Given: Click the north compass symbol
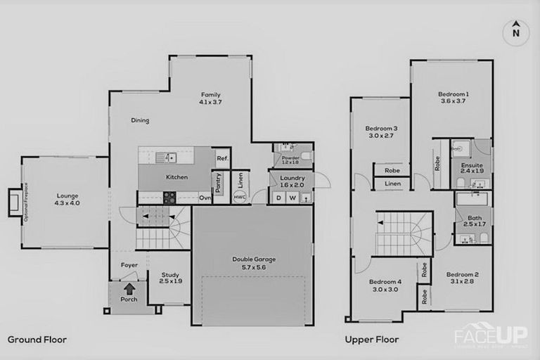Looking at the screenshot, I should [515, 31].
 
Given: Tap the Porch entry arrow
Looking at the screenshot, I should [129, 288].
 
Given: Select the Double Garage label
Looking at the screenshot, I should [254, 262].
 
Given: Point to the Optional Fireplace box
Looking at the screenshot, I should [15, 202].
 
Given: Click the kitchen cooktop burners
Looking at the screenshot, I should [170, 198].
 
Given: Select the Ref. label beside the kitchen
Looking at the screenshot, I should [221, 158].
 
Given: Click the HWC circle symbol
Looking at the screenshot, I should [240, 197].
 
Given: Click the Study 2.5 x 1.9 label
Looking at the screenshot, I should [170, 278].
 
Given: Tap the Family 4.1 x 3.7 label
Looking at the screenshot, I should [211, 98].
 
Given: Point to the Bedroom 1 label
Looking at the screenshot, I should [454, 97].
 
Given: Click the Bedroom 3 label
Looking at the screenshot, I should [381, 131].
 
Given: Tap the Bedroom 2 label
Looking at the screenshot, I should [462, 278].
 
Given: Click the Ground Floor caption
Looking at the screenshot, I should [37, 340].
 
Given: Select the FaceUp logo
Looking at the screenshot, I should [490, 334].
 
